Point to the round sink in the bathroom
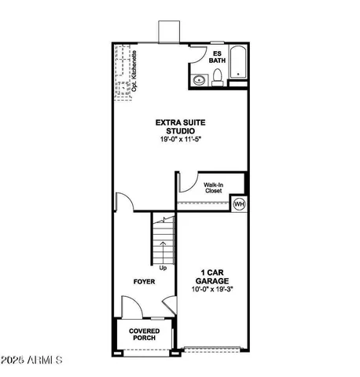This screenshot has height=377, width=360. click(198, 79)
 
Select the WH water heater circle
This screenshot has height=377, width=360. click(239, 204)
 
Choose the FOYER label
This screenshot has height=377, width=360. click(143, 280)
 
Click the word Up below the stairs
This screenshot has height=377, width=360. click(163, 267)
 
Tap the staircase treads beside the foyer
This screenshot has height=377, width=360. click(162, 240)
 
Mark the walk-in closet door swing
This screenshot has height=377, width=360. click(187, 182)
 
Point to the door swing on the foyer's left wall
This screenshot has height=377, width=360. click(123, 203)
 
